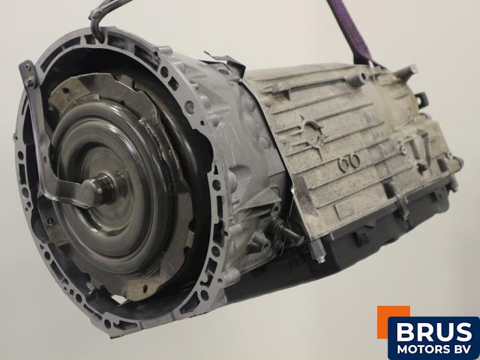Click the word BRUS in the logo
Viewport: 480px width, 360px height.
click(434, 332)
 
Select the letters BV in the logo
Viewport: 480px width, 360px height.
click(462, 349)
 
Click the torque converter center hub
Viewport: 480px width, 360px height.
click(97, 188)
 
